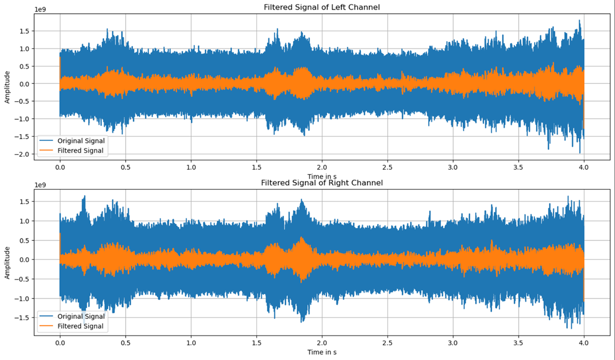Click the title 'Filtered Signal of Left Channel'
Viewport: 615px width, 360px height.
click(322, 7)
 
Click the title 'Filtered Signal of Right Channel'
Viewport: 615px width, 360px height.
click(322, 183)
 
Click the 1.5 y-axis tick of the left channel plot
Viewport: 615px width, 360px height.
click(25, 31)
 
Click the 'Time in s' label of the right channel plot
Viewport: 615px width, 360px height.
click(322, 352)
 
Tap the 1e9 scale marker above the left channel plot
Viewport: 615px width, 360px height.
click(40, 9)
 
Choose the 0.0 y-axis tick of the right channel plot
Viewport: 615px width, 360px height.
click(25, 260)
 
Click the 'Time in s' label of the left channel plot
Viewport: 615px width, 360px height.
click(322, 176)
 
